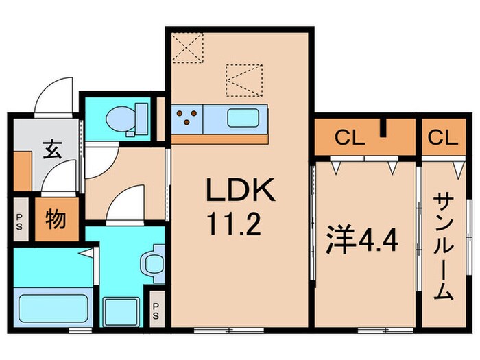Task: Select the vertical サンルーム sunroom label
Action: pyautogui.click(x=444, y=245)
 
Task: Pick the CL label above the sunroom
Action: pyautogui.click(x=442, y=138)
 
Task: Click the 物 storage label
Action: pyautogui.click(x=56, y=220)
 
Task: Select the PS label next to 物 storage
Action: pyautogui.click(x=19, y=221)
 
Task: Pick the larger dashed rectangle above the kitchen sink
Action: pyautogui.click(x=244, y=80)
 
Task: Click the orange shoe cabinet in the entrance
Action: pyautogui.click(x=22, y=171)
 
